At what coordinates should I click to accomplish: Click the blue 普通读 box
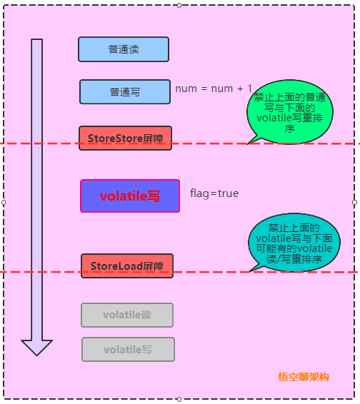pyautogui.click(x=124, y=49)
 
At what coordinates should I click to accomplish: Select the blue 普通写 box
pyautogui.click(x=125, y=92)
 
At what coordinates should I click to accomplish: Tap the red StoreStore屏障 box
pyautogui.click(x=125, y=138)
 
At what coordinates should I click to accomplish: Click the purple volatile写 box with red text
pyautogui.click(x=130, y=196)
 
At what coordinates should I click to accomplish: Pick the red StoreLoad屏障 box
pyautogui.click(x=127, y=266)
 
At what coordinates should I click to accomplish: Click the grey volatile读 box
pyautogui.click(x=127, y=315)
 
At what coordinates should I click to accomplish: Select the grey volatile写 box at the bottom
pyautogui.click(x=128, y=349)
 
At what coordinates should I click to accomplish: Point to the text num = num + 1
pyautogui.click(x=214, y=89)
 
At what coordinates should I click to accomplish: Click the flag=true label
pyautogui.click(x=214, y=193)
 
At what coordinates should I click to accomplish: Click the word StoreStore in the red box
pyautogui.click(x=114, y=138)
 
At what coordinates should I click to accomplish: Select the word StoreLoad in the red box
pyautogui.click(x=116, y=266)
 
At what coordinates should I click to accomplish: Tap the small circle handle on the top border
pyautogui.click(x=179, y=5)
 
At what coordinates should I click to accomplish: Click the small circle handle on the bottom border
pyautogui.click(x=179, y=399)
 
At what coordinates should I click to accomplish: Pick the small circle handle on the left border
pyautogui.click(x=4, y=202)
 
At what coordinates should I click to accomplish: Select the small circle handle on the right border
pyautogui.click(x=354, y=202)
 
